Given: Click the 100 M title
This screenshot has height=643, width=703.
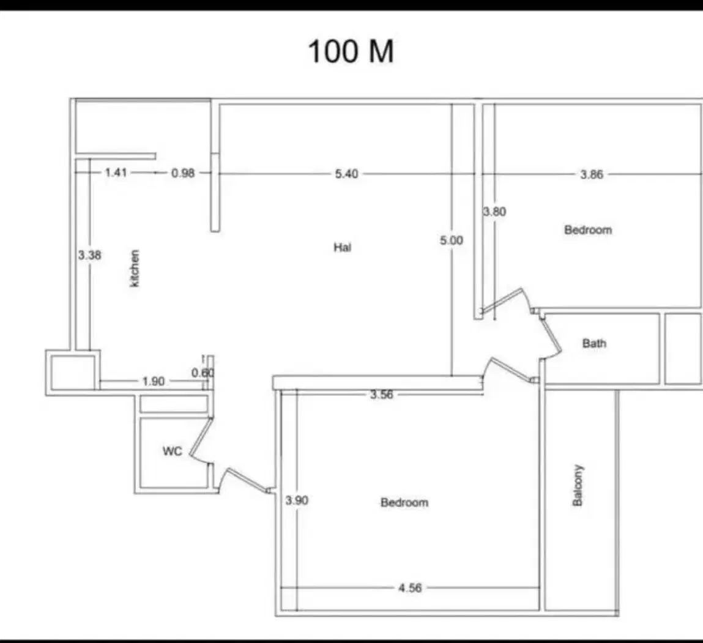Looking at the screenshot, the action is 351,51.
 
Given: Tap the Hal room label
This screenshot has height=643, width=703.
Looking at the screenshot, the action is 343,247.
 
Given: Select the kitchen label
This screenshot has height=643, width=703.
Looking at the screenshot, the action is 134,268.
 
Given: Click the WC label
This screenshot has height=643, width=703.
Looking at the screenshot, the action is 173,451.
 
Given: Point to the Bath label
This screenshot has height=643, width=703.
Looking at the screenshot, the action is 594,343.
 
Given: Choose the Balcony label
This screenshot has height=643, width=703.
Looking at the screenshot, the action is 578,485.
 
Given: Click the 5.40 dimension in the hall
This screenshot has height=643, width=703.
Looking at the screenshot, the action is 346,174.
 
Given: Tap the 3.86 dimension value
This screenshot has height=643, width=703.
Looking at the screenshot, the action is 592,174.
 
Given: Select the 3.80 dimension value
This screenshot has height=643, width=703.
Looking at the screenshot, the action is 494,211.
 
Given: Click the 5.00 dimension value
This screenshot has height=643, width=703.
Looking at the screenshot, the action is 452,240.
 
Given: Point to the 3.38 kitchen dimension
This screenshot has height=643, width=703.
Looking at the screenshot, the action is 90,255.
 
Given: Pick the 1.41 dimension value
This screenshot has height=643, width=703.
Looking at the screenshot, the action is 116,172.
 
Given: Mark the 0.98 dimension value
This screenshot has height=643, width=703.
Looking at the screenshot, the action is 183,173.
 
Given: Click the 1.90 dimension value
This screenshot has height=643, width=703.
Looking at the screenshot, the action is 154,381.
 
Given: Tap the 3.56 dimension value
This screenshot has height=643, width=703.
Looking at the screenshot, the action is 382,395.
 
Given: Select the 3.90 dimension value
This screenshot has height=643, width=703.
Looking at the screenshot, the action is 297,500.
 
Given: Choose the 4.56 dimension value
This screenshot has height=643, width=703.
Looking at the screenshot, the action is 410,588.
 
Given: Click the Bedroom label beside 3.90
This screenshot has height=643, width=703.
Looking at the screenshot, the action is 404,502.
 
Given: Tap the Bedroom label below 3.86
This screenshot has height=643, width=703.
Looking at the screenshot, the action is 588,230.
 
